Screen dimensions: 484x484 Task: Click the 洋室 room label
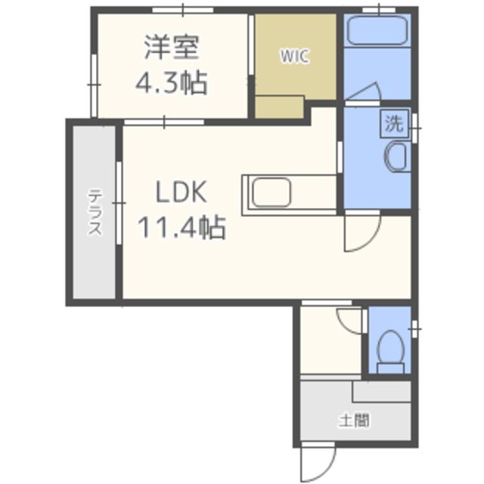[172, 48]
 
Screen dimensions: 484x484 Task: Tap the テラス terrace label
[95, 213]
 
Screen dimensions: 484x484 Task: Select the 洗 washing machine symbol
[393, 124]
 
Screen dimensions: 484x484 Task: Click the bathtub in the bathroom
[377, 31]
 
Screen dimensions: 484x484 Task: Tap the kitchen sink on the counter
[271, 191]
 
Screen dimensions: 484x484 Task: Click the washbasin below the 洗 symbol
[397, 158]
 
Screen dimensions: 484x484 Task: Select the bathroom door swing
[363, 94]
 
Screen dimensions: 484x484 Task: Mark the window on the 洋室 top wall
[181, 10]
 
